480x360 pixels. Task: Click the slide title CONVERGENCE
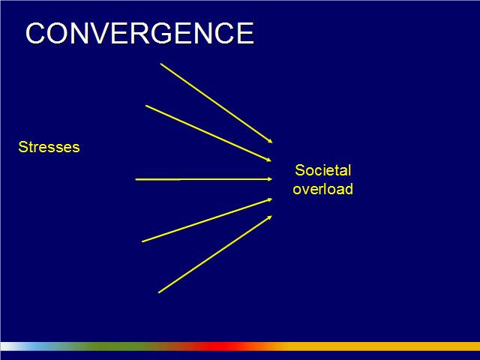point(139,33)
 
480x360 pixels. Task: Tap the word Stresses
point(49,147)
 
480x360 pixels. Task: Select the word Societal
point(323,170)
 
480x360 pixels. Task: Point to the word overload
point(323,189)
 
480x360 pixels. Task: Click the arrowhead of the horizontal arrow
point(270,179)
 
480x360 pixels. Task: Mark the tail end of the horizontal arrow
point(136,179)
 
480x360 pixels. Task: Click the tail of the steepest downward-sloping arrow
point(160,64)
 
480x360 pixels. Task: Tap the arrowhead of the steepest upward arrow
point(270,217)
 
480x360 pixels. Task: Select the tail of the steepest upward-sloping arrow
point(158,293)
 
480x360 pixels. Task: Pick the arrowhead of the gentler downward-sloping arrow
point(269,160)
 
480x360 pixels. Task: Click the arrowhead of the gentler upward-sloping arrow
point(270,199)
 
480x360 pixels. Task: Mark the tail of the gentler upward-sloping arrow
point(142,241)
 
